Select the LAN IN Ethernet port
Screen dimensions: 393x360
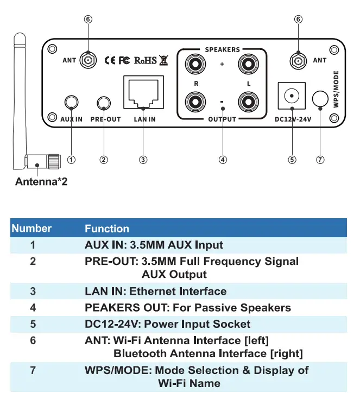click(x=143, y=93)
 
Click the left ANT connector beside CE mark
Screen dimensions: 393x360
click(x=87, y=60)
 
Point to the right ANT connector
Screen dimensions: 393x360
click(x=297, y=60)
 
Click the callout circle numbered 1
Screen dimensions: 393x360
click(x=72, y=160)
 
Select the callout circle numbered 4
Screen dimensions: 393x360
click(x=223, y=160)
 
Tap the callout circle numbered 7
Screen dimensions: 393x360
click(x=320, y=160)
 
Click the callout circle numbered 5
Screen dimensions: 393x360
click(x=292, y=160)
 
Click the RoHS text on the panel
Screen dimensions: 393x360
click(x=145, y=60)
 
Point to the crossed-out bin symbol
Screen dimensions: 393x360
click(x=164, y=60)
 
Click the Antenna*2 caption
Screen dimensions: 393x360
click(x=41, y=182)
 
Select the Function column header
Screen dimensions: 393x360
click(x=107, y=229)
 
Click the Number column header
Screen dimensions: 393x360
click(x=32, y=229)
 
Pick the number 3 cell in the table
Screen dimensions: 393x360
click(x=33, y=291)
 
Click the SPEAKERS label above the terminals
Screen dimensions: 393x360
click(x=222, y=49)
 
